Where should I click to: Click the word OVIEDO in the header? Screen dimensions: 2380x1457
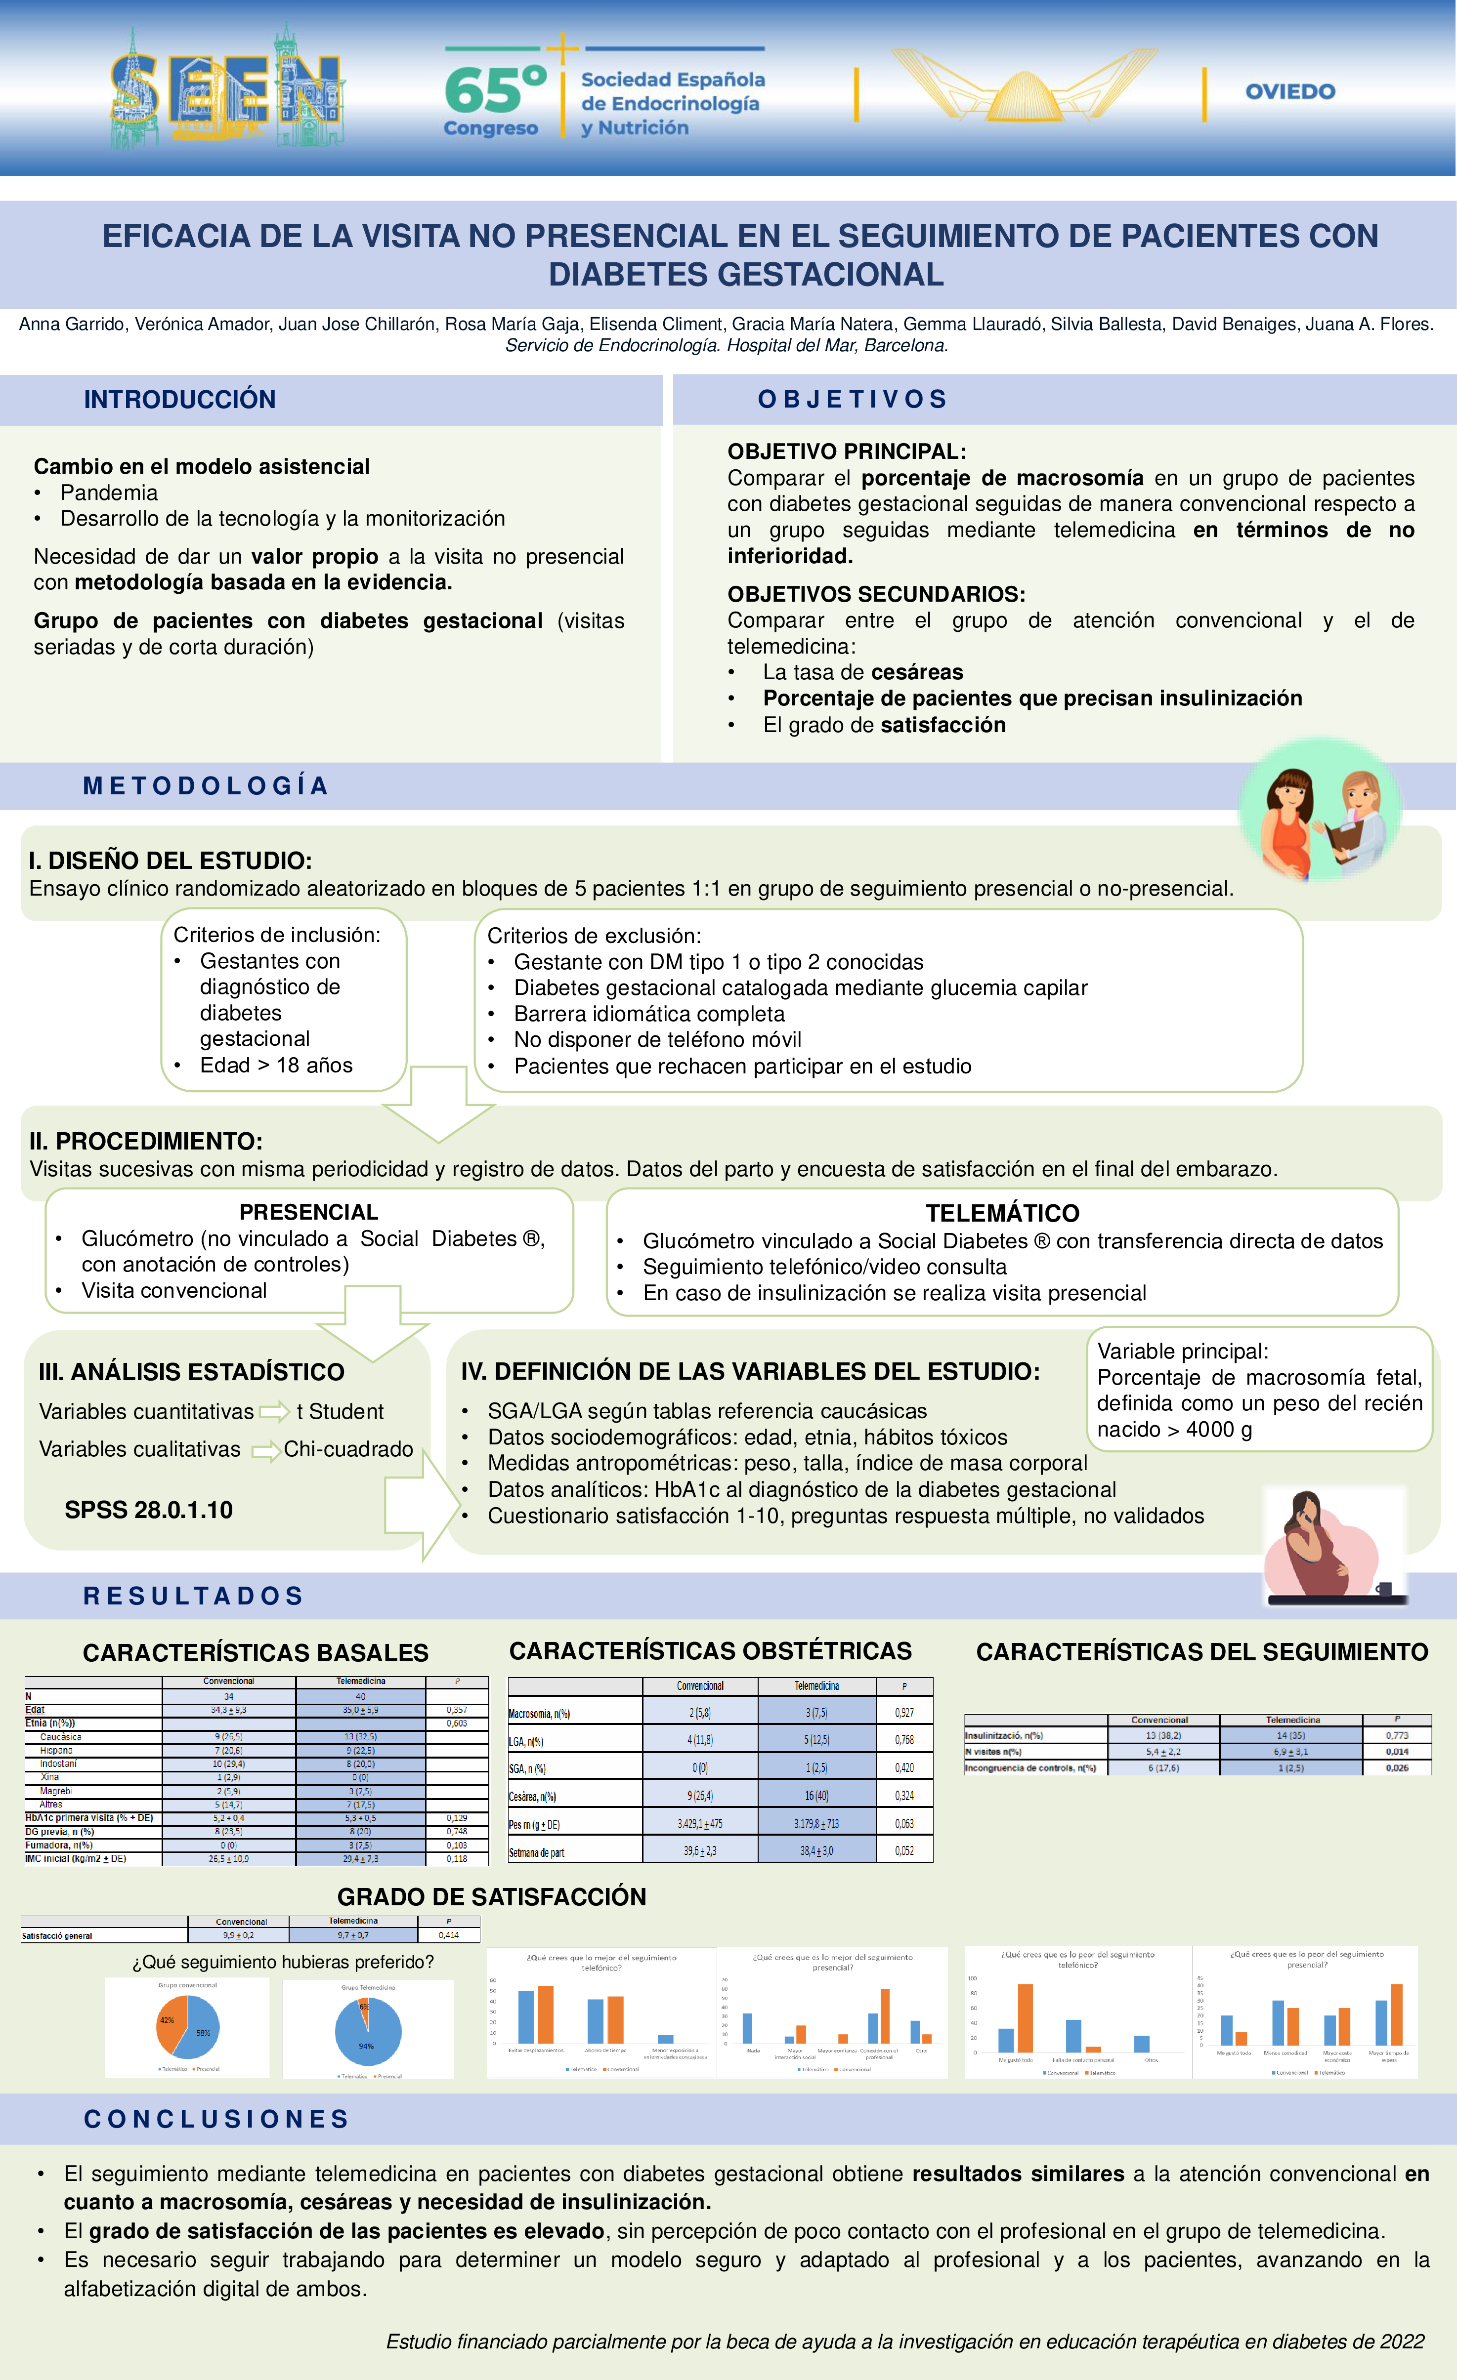point(1290,92)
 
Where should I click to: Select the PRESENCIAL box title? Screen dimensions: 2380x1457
point(308,1212)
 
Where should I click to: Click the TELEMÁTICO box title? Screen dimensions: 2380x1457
point(1002,1213)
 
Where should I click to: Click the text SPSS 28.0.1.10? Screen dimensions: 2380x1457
point(149,1510)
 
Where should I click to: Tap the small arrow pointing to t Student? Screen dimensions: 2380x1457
point(274,1412)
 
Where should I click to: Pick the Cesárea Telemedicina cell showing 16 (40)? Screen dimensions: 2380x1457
point(816,1796)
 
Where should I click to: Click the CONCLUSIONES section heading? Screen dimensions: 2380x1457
point(216,2119)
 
